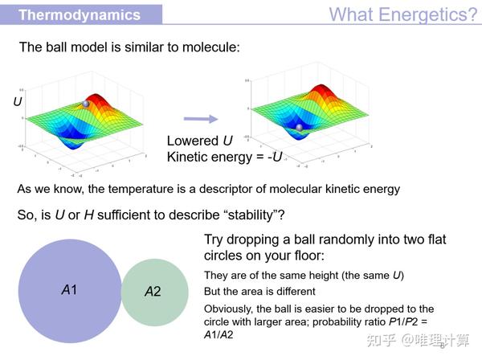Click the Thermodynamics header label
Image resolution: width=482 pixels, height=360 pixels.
[80, 14]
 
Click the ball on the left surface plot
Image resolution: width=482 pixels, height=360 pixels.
[86, 104]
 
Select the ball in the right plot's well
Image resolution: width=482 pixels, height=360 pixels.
[299, 127]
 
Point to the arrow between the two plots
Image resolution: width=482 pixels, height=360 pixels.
[201, 119]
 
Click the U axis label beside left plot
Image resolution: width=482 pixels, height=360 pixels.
[18, 101]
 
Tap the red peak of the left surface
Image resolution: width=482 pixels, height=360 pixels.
[97, 98]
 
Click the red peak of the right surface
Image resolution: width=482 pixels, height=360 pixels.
[321, 88]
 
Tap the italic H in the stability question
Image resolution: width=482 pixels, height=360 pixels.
[89, 215]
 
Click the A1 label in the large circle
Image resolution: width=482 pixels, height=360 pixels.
[69, 290]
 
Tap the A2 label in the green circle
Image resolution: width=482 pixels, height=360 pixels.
[153, 292]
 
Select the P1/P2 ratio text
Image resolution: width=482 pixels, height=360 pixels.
[403, 321]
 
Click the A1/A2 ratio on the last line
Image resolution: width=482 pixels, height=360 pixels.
[219, 334]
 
